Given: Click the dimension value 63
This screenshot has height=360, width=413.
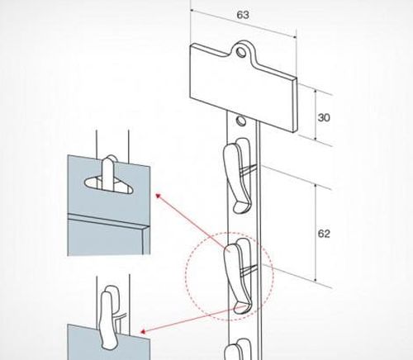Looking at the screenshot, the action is (243, 15).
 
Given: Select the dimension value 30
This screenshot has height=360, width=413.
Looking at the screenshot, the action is (324, 117).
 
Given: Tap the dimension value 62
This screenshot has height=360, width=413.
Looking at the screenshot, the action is (324, 234).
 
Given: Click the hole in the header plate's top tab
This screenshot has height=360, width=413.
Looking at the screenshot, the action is (241, 52).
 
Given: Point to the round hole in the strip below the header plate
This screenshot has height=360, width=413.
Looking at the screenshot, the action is (241, 121).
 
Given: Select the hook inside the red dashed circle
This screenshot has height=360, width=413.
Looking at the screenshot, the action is (237, 276).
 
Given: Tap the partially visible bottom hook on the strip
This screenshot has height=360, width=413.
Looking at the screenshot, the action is (237, 349).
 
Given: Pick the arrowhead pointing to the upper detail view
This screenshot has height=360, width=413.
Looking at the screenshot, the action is (158, 196).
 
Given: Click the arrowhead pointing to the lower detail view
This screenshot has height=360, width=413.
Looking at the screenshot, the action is (143, 331).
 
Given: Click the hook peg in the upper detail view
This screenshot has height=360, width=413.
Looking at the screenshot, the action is (108, 173).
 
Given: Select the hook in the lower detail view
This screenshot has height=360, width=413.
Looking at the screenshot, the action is (107, 316).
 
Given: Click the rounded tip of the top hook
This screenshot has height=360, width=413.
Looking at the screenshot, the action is (241, 208).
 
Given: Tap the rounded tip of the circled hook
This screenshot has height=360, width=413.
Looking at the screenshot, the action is (242, 308).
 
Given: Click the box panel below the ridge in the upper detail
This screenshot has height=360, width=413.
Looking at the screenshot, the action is (105, 237).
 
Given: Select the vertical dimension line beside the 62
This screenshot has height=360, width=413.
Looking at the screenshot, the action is (316, 234).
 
